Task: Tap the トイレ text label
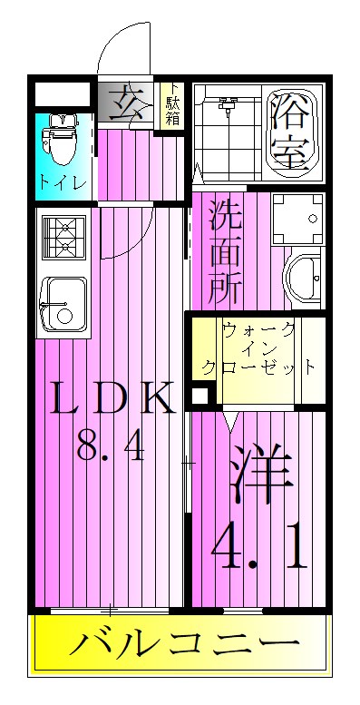pos(63,181)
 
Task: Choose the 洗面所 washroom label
pos(226,251)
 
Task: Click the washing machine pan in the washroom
pos(299,220)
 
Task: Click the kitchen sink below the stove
pos(62,301)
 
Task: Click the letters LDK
pos(109,400)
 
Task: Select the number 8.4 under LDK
pos(109,447)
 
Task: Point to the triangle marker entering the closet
pos(232,420)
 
